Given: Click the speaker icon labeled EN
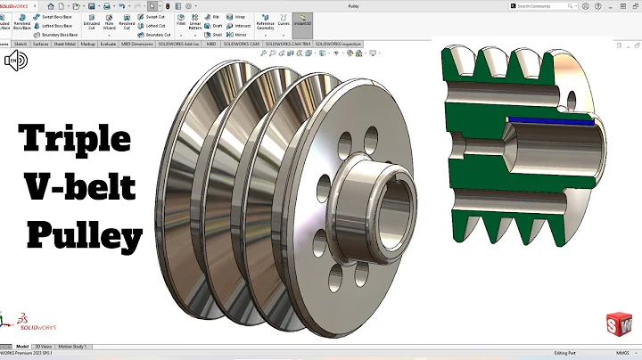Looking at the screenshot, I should [15, 61].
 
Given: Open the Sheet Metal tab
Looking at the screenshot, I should [64, 42].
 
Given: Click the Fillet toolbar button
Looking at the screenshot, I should [181, 21].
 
